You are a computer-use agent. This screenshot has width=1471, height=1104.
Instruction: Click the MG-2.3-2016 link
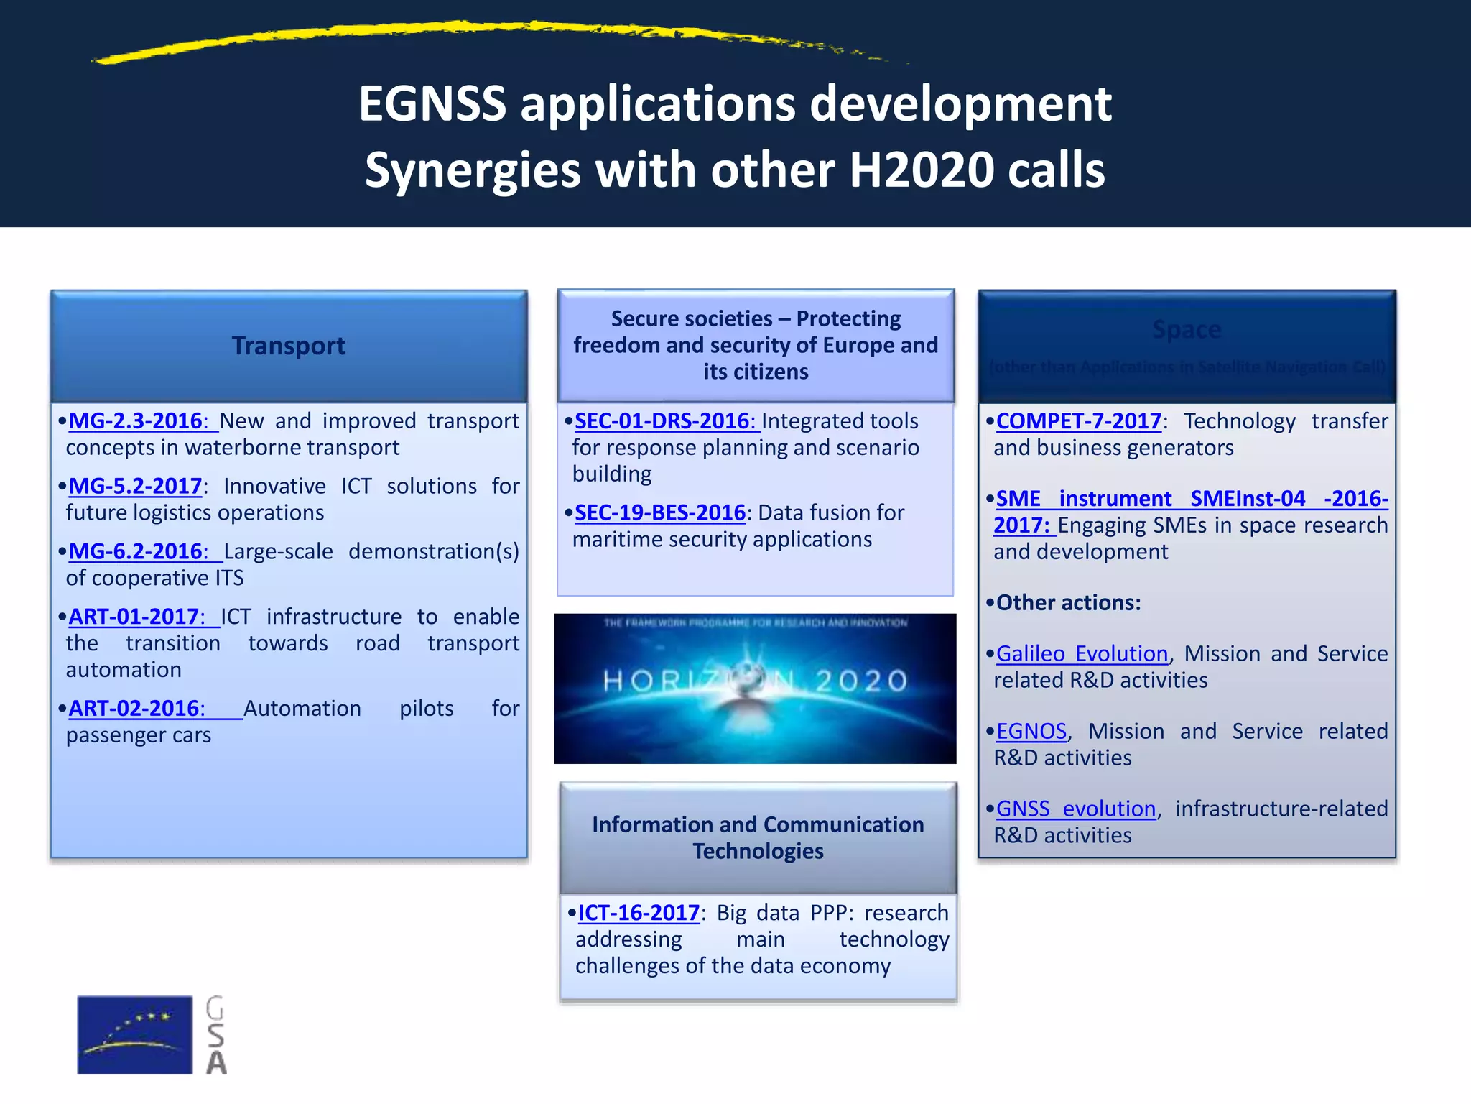(x=138, y=421)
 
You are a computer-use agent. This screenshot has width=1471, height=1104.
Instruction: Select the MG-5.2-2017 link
(x=135, y=487)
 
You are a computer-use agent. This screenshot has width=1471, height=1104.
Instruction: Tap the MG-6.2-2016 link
(x=138, y=552)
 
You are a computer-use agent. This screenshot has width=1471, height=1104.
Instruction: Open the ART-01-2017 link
(x=136, y=617)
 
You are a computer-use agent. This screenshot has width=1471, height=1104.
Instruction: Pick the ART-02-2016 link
(x=136, y=709)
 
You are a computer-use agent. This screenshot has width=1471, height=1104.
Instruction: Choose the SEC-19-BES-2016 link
(x=660, y=513)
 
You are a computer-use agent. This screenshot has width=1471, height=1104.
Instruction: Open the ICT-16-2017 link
(x=639, y=914)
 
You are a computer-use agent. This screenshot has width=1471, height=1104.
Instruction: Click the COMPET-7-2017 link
(x=1079, y=421)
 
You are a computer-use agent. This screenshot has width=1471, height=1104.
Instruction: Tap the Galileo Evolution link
(x=1082, y=654)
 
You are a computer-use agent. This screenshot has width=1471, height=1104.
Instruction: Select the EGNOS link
(x=1031, y=732)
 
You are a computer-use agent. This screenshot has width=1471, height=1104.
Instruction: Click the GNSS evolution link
(x=1076, y=809)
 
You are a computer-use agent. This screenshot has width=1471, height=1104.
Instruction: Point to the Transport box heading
(x=289, y=346)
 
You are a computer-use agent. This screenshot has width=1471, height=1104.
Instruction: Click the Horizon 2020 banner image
(x=755, y=689)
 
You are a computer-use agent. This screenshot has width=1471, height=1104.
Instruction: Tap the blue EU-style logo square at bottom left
(x=134, y=1034)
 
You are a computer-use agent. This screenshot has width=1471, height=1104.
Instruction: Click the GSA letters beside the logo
(x=215, y=1035)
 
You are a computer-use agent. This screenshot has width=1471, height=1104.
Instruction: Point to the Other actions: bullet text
(x=1068, y=603)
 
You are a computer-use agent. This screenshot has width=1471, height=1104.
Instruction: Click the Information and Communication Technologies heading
(x=758, y=838)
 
